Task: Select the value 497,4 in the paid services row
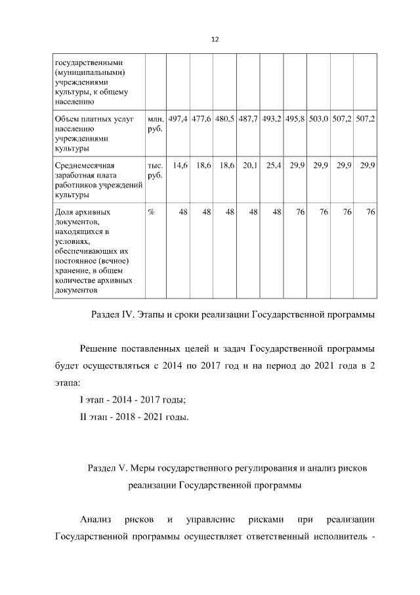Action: click(178, 120)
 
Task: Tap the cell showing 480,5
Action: click(225, 120)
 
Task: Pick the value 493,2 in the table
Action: click(272, 120)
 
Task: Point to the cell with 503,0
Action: click(318, 120)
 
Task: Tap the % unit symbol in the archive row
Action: click(152, 212)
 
